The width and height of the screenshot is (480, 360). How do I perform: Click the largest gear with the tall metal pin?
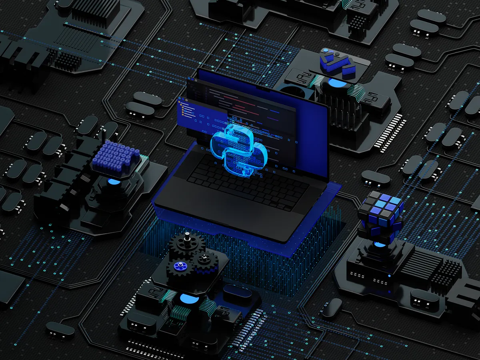(187, 244)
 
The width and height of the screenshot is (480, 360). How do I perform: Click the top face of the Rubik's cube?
(380, 204)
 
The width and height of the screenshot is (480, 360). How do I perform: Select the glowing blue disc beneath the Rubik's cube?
(380, 244)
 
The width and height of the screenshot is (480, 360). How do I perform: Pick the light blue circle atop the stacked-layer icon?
(325, 51)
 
